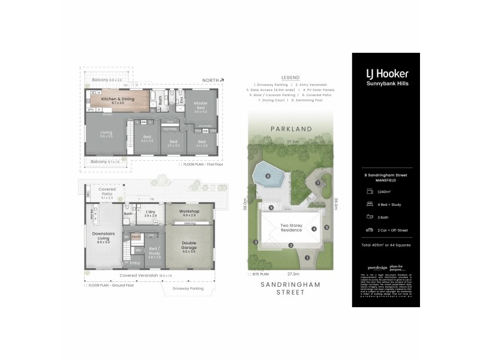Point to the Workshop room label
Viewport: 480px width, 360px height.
tap(190, 212)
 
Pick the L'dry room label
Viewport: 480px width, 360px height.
tap(151, 213)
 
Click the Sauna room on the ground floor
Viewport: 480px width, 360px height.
tap(136, 236)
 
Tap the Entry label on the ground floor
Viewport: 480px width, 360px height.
tap(134, 262)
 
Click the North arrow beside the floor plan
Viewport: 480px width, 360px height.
tap(213, 80)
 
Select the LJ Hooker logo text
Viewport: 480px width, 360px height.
tap(388, 74)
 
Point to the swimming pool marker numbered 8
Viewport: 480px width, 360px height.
tap(268, 176)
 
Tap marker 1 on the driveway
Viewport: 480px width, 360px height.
tap(307, 257)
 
